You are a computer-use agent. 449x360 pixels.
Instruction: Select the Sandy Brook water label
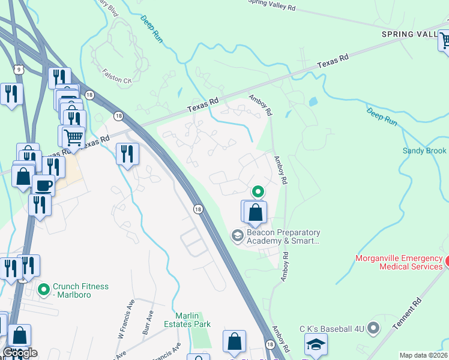pos(424,151)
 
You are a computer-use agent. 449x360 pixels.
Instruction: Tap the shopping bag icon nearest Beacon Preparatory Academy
pos(255,212)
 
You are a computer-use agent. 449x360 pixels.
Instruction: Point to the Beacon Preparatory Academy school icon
pos(237,236)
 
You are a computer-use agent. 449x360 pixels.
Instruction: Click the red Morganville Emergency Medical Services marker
pos(445,262)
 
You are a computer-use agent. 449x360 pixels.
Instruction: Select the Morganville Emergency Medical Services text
pos(399,263)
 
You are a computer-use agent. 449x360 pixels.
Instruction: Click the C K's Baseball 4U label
pos(333,328)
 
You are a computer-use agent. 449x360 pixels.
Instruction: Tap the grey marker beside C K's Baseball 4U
pos(373,328)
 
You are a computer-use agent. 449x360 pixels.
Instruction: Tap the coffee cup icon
pos(43,185)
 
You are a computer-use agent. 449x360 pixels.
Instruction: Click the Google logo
pos(19,353)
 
